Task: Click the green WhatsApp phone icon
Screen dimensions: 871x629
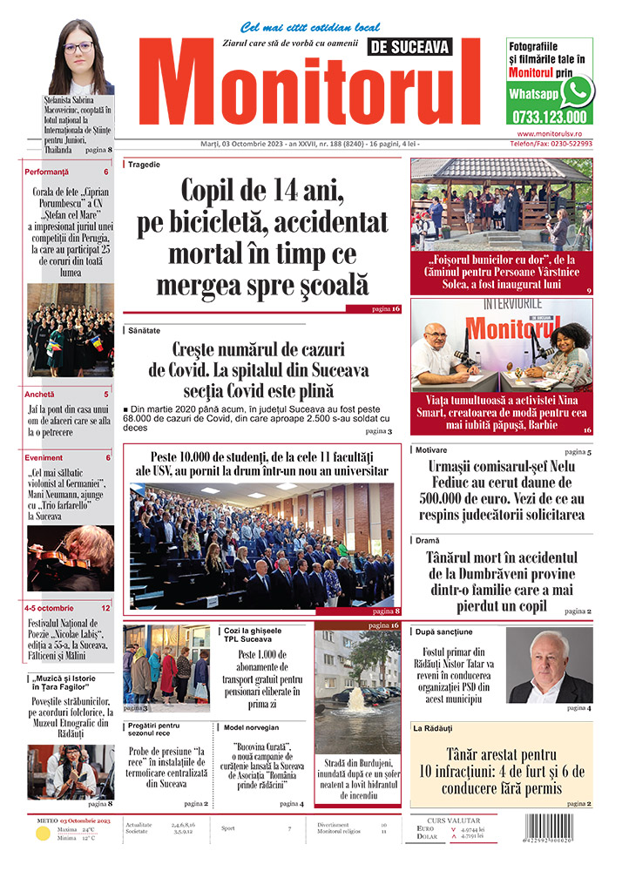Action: (576, 91)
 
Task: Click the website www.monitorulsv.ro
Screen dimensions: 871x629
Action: (554, 133)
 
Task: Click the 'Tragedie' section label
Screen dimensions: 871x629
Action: (144, 164)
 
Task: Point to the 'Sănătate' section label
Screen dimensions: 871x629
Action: (145, 331)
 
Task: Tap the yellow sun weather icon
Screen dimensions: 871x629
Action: (42, 834)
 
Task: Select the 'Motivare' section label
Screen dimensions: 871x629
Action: (431, 450)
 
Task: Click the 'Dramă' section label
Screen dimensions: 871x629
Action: (427, 540)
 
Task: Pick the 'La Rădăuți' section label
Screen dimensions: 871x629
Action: (433, 727)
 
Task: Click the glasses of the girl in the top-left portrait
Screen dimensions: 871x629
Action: (78, 47)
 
